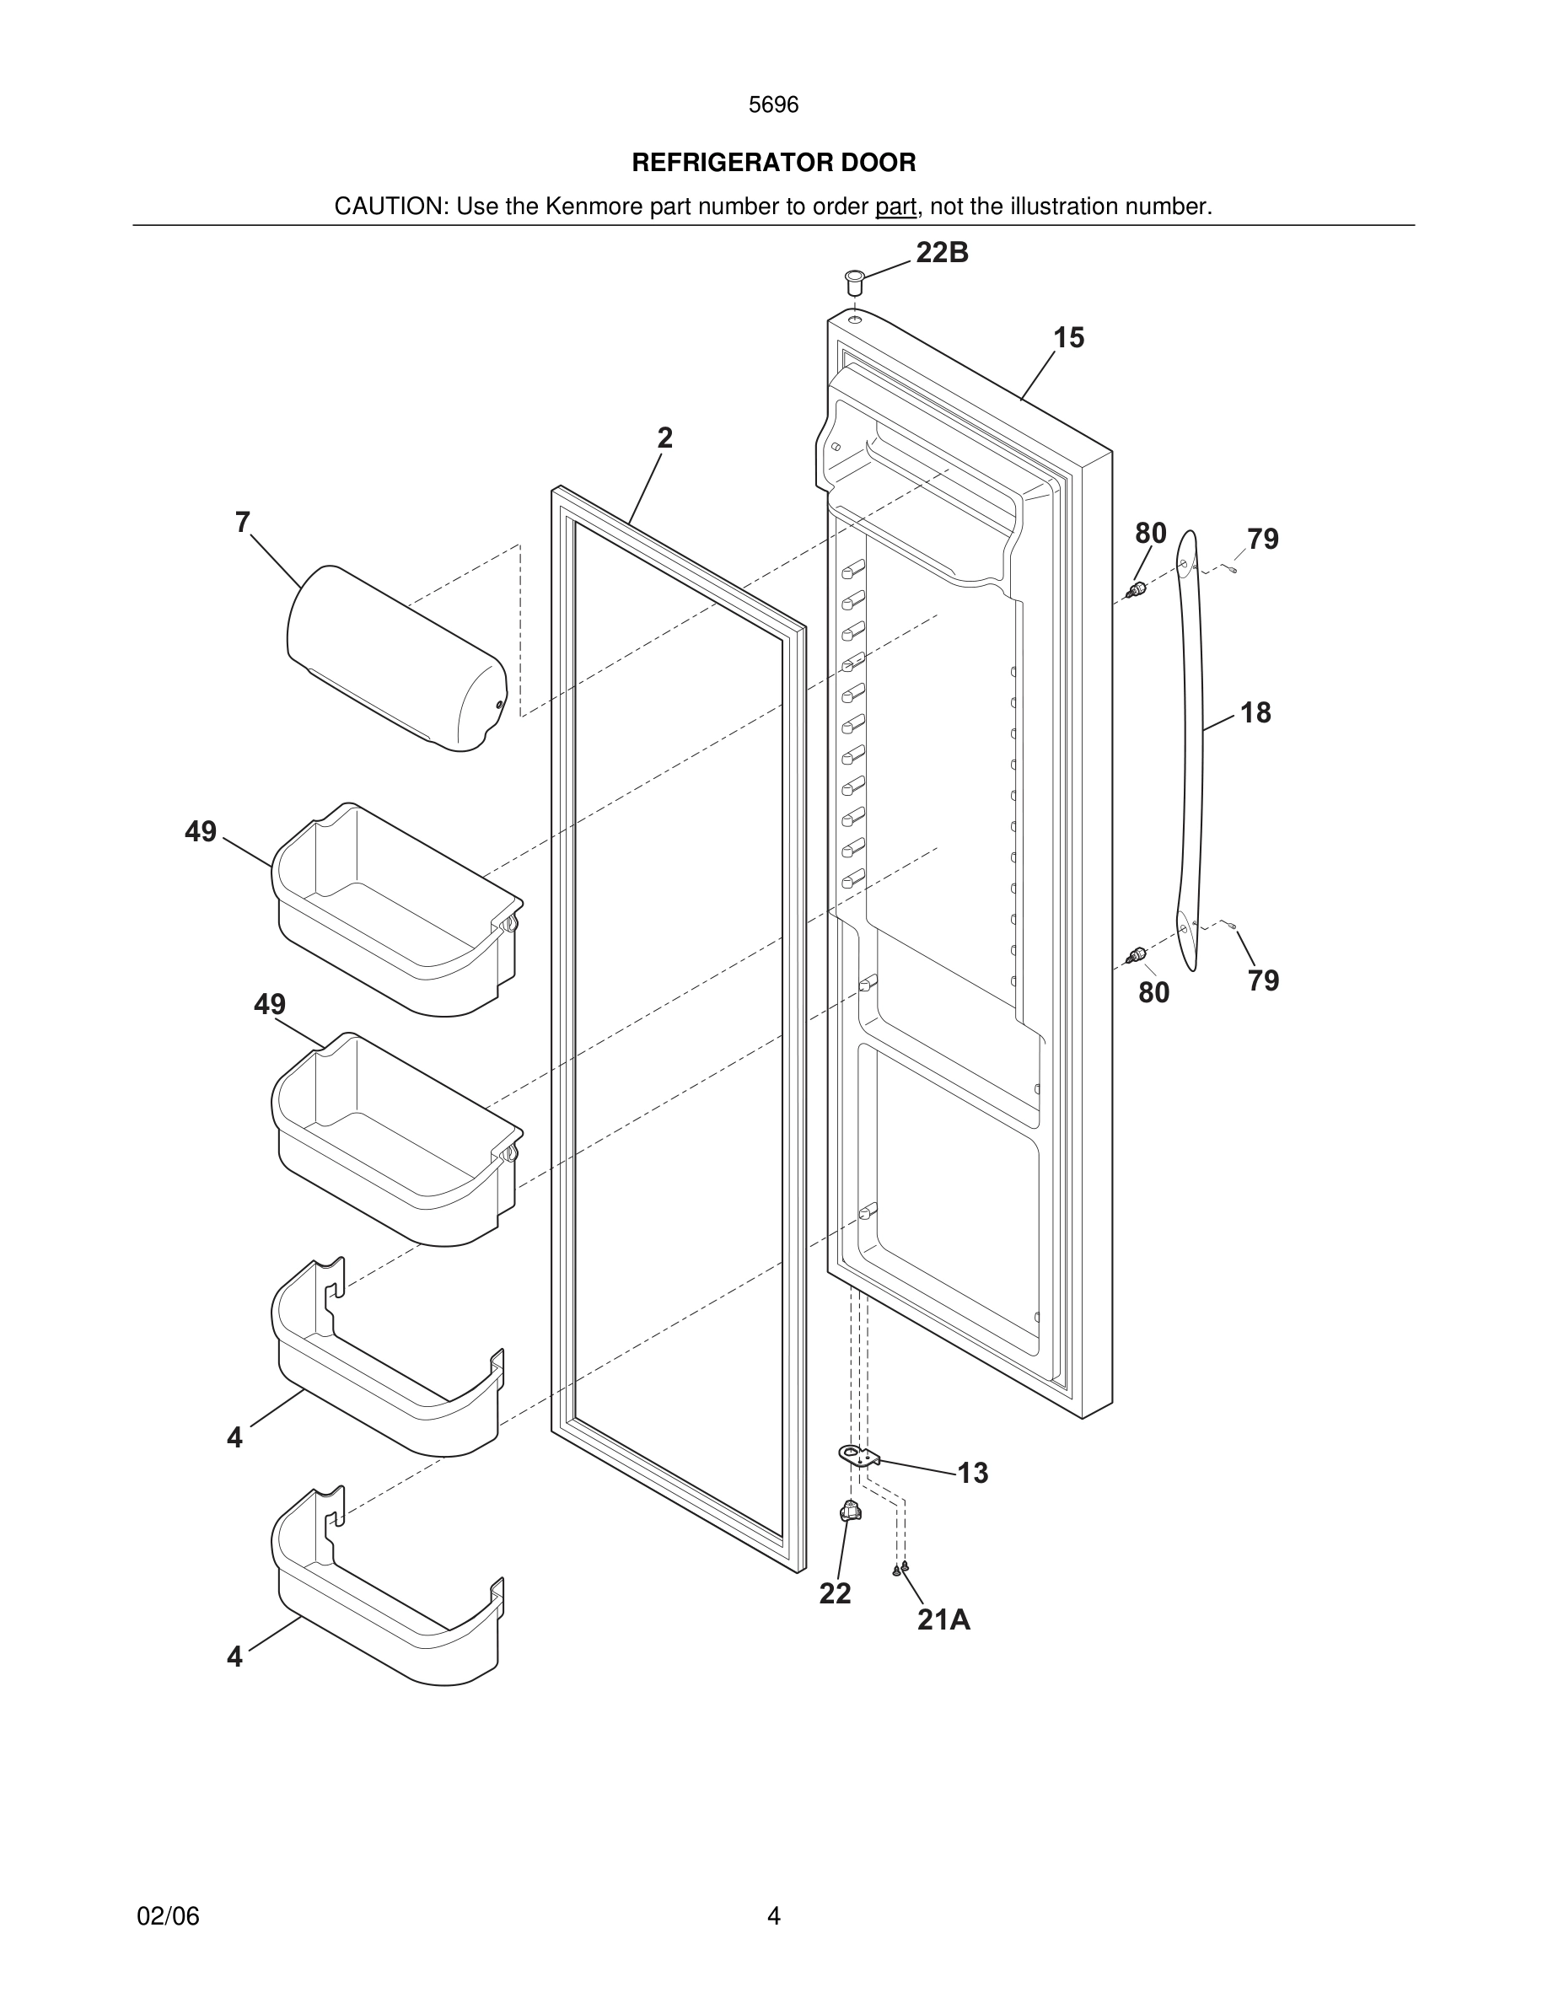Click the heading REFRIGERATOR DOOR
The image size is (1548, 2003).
coord(773,163)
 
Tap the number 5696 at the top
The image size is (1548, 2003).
coord(773,105)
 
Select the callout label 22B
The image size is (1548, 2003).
coord(942,252)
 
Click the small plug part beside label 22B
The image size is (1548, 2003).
coord(855,281)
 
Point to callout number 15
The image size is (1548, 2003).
coord(1068,337)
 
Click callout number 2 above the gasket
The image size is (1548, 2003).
coord(665,438)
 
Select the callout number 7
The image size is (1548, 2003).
coord(242,522)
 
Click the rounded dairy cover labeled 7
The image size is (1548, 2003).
coord(396,658)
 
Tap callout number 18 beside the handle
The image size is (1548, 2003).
coord(1255,712)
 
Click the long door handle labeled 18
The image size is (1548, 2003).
coord(1190,748)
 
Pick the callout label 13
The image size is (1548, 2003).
coord(972,1473)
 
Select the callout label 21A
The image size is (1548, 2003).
coord(943,1619)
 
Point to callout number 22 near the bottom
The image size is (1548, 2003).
coord(835,1593)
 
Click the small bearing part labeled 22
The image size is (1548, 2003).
coord(850,1511)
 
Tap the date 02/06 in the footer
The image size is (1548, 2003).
coord(168,1916)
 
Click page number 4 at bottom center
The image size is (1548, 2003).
coord(773,1916)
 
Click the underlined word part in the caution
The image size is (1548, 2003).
coord(895,207)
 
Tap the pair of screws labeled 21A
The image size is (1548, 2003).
coord(900,1569)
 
